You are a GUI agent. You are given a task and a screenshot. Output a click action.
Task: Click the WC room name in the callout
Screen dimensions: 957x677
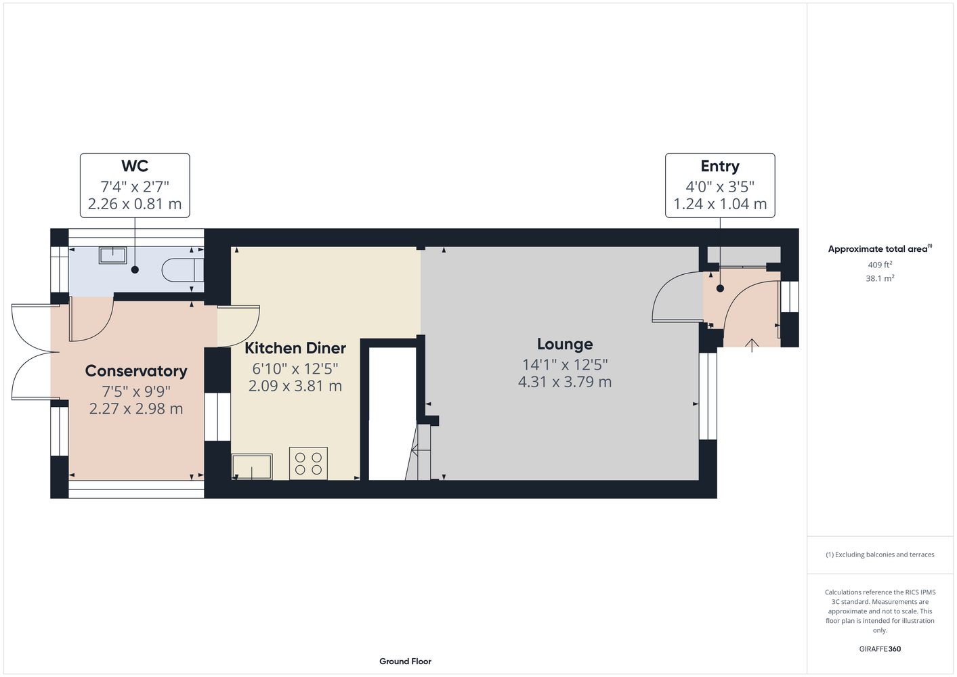click(135, 166)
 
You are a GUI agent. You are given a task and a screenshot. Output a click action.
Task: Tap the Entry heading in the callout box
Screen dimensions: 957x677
click(720, 166)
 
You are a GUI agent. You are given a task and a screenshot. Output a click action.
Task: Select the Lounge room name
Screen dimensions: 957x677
click(565, 344)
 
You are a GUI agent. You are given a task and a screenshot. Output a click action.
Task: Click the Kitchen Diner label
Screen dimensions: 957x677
click(295, 348)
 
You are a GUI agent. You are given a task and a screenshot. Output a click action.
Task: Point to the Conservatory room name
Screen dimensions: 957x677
click(136, 371)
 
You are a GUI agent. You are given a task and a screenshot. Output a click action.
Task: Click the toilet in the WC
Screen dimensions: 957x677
click(182, 270)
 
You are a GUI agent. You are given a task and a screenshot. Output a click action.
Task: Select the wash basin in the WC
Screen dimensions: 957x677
click(113, 255)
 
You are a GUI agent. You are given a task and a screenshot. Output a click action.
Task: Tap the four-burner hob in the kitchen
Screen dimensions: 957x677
click(308, 464)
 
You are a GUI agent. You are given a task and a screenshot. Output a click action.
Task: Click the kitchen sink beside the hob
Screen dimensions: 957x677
click(252, 466)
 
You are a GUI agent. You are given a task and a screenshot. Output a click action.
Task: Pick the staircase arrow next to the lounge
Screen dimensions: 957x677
click(421, 450)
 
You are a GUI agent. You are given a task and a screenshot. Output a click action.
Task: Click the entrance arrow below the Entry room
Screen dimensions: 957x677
click(752, 345)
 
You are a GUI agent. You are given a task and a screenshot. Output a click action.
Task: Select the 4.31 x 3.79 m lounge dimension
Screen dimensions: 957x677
click(565, 381)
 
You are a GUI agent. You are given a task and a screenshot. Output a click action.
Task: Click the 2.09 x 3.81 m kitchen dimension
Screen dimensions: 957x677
click(295, 386)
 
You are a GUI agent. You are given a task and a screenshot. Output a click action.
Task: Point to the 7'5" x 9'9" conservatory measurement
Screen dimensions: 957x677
click(136, 391)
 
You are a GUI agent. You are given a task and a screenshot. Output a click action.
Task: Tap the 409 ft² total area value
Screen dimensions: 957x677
click(880, 265)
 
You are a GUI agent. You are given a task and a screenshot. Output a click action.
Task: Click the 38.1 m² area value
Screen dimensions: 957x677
click(880, 278)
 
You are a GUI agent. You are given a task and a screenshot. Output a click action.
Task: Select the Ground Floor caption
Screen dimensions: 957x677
click(406, 661)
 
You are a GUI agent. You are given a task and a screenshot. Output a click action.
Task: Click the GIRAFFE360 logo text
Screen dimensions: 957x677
click(880, 649)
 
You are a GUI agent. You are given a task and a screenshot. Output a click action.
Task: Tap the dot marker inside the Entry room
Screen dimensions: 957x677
click(721, 288)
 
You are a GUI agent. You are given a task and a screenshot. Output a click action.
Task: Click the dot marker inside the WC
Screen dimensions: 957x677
click(135, 269)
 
